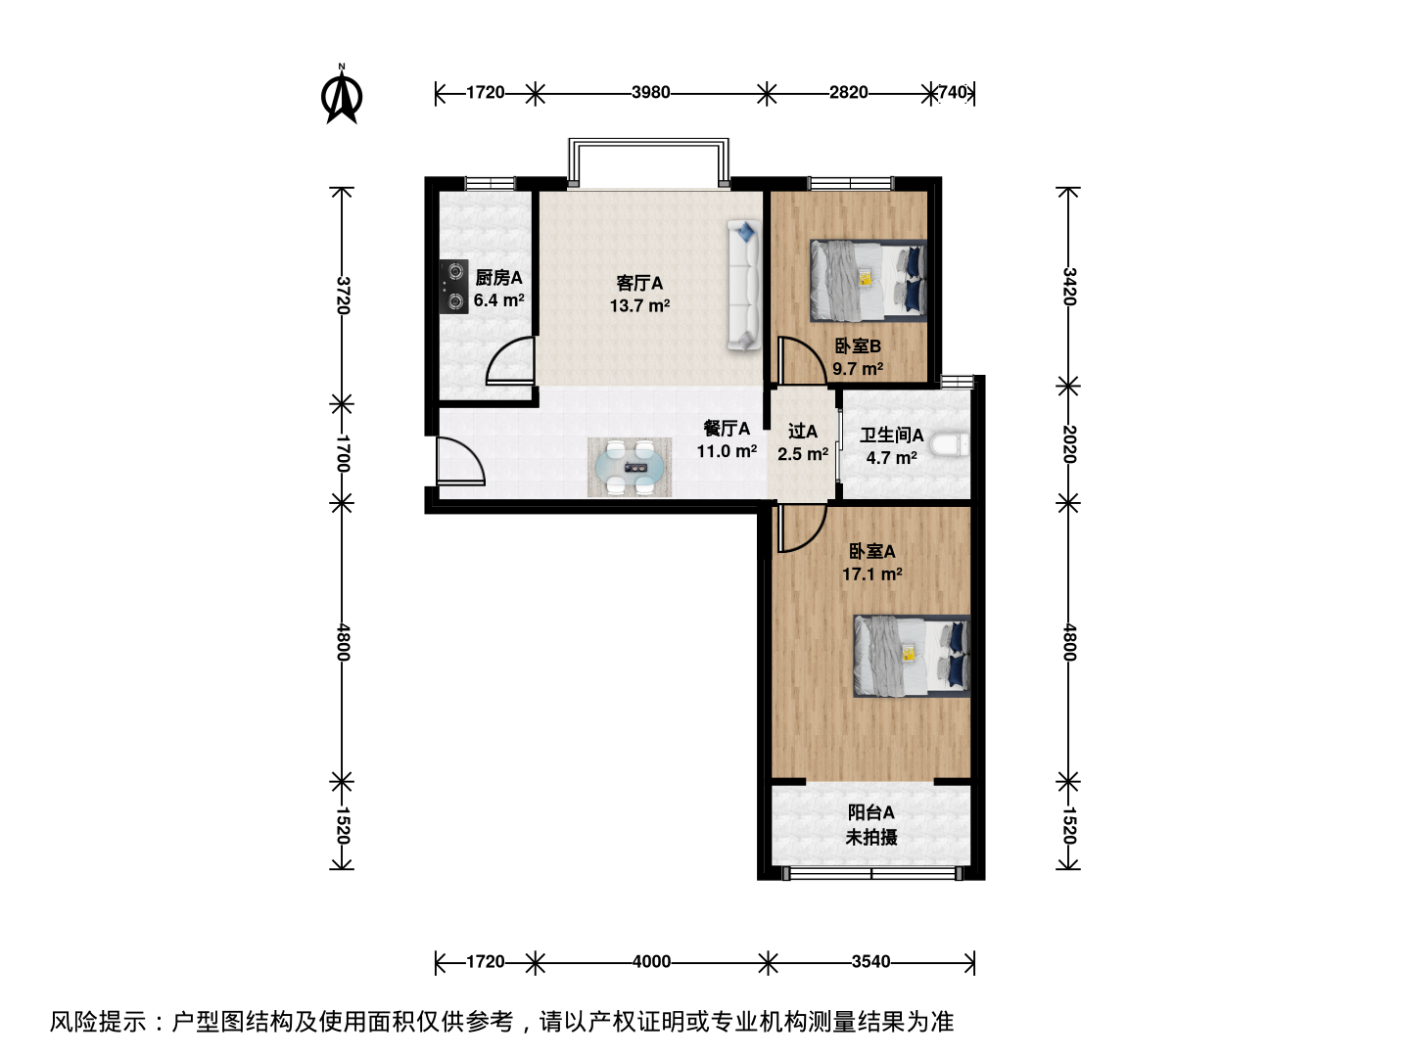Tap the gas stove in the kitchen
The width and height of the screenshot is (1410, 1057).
click(x=453, y=286)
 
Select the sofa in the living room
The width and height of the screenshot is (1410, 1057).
click(x=744, y=285)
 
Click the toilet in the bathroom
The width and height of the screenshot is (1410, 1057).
click(x=950, y=444)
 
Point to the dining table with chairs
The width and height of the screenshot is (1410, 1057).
click(x=630, y=467)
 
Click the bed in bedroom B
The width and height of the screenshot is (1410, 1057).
click(x=869, y=281)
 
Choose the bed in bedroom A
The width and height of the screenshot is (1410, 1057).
click(x=912, y=656)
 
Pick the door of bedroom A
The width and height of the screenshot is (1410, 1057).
click(x=802, y=528)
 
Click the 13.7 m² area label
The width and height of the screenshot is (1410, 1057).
click(x=639, y=305)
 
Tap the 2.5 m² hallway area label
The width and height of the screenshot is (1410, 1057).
click(x=803, y=454)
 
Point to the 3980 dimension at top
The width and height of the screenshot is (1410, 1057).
click(x=651, y=92)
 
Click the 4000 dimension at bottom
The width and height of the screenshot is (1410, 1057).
click(x=651, y=961)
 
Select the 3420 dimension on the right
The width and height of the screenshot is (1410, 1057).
click(x=1068, y=286)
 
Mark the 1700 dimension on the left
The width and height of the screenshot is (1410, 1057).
click(x=342, y=453)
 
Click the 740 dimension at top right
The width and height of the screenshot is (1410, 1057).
click(x=952, y=92)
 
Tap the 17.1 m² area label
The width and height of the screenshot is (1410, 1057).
click(x=871, y=574)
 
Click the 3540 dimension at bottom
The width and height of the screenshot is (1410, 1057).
click(x=871, y=961)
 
